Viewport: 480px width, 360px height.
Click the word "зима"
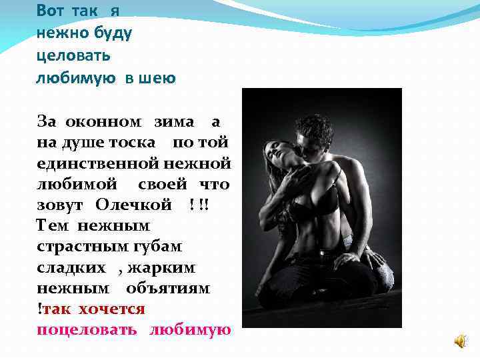[175, 122]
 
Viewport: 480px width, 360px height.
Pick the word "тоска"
[133, 143]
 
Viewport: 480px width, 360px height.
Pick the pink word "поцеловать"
[87, 330]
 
